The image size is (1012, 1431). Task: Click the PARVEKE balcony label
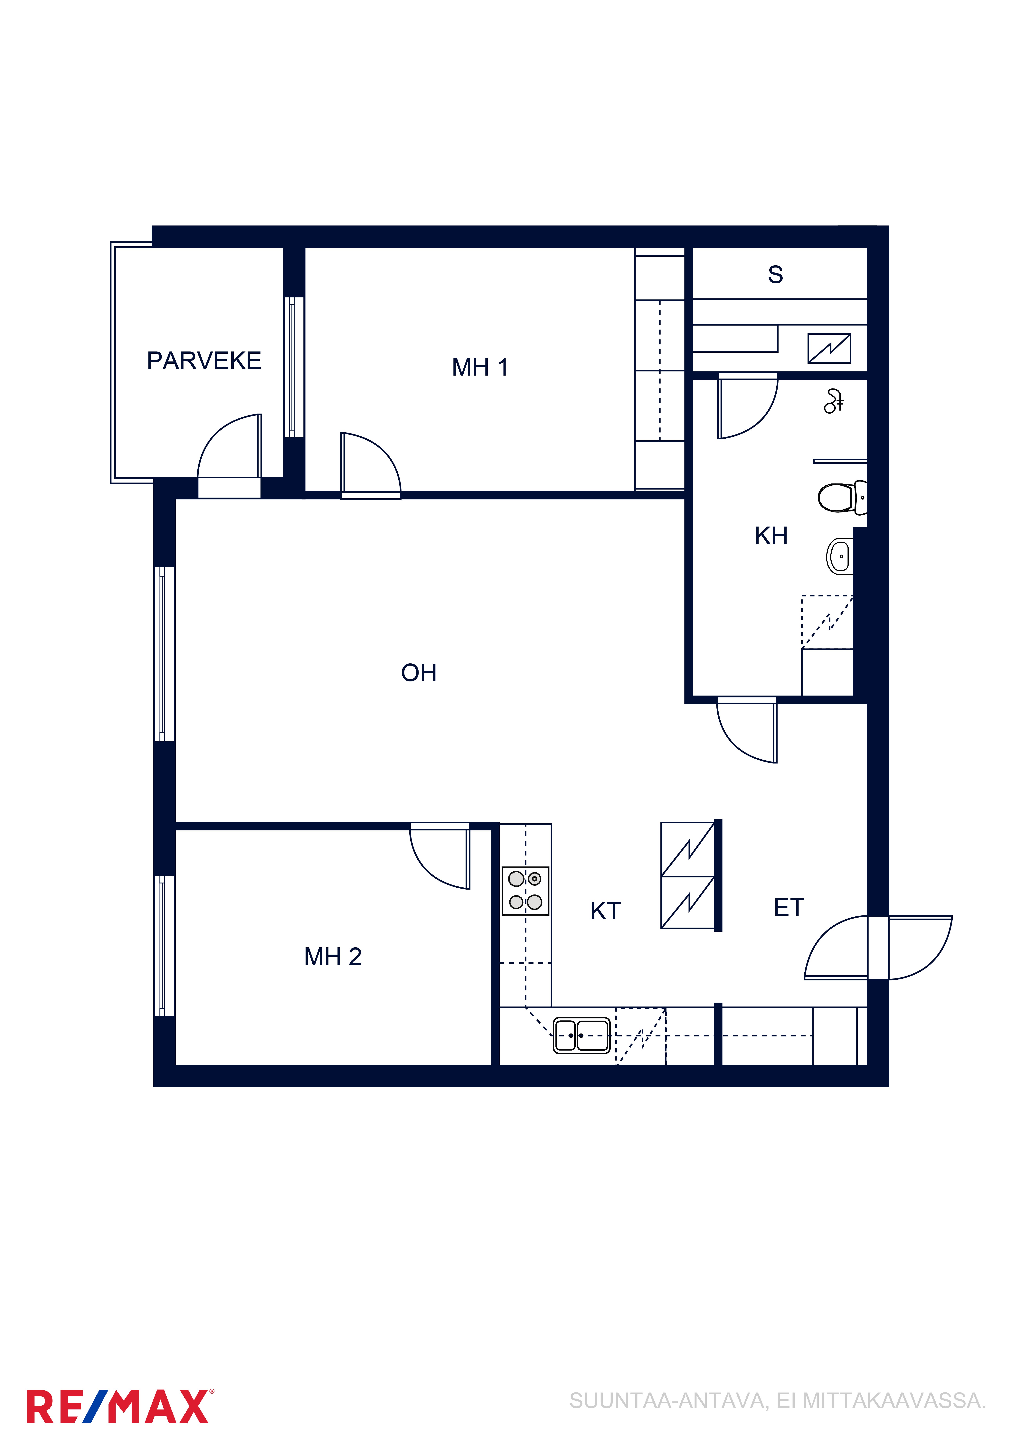coord(204,361)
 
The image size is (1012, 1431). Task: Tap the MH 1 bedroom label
coord(480,368)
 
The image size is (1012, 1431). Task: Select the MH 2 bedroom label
coord(333,957)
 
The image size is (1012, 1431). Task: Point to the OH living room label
coord(419,673)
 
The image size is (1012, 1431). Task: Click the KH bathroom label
coord(771,536)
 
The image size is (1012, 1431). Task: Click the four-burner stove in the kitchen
coord(526,891)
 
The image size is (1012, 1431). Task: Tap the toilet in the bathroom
coord(842,497)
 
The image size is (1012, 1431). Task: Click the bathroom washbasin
coord(839,556)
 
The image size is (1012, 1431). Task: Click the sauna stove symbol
coord(829,348)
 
